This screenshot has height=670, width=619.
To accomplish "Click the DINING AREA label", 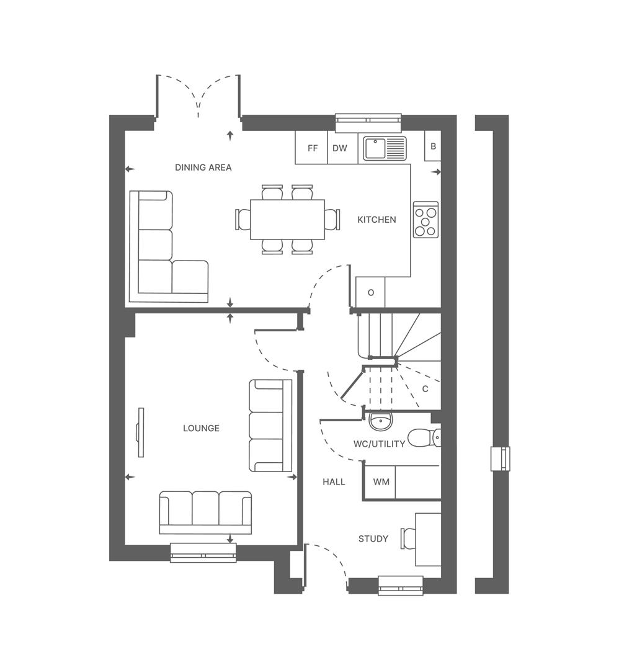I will click(x=203, y=167).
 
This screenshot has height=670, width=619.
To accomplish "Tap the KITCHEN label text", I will click(x=376, y=220).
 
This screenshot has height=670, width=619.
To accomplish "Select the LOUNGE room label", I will click(x=201, y=428).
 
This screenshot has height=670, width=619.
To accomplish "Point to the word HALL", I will click(x=334, y=482).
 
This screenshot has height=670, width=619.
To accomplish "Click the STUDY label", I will click(x=373, y=538).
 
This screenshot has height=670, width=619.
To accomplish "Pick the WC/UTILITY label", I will click(x=379, y=444).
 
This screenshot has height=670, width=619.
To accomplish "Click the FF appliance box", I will click(x=312, y=149).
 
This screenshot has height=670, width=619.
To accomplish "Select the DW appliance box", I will click(x=339, y=149).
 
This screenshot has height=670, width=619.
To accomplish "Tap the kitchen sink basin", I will click(x=375, y=148).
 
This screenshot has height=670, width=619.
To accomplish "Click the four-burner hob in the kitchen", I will click(x=425, y=220).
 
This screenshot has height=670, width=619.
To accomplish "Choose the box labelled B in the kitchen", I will click(x=433, y=147).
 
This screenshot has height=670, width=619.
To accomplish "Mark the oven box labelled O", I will click(x=371, y=292).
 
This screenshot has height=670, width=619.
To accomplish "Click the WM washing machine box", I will click(x=381, y=482).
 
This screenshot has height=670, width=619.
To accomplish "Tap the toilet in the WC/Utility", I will click(x=425, y=437).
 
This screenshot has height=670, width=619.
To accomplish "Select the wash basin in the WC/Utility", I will click(x=380, y=421).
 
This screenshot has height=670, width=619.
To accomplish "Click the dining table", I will click(x=287, y=219).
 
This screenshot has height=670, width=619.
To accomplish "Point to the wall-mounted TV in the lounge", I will click(x=141, y=432).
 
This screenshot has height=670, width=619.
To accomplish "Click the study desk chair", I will click(x=409, y=538).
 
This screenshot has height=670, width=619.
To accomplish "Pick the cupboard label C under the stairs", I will click(x=425, y=389).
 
